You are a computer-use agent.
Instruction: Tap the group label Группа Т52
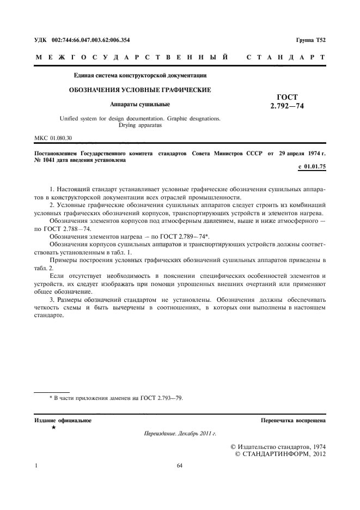pyautogui.click(x=310, y=40)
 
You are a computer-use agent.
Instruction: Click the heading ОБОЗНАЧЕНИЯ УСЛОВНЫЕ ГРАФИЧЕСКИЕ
pyautogui.click(x=139, y=89)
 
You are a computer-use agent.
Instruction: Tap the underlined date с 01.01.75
pyautogui.click(x=312, y=166)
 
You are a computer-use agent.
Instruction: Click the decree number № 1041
pyautogui.click(x=48, y=161)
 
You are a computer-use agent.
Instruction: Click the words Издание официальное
pyautogui.click(x=63, y=421)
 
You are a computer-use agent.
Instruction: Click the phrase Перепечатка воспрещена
pyautogui.click(x=293, y=421)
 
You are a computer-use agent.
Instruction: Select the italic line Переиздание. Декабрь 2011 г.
pyautogui.click(x=180, y=434)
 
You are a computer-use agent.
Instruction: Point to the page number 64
pyautogui.click(x=180, y=466)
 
